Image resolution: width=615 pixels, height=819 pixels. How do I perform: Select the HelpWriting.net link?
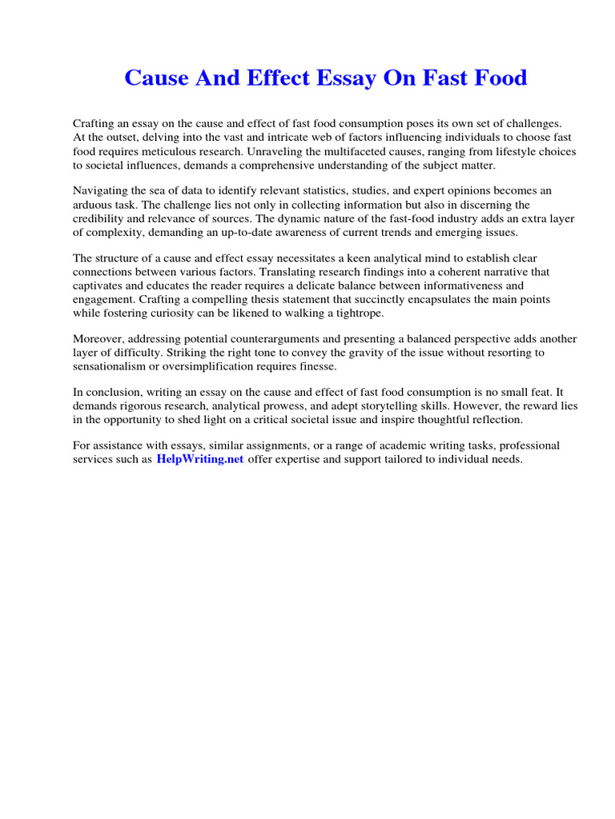pyautogui.click(x=199, y=460)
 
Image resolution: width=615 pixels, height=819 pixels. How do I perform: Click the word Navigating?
pyautogui.click(x=101, y=191)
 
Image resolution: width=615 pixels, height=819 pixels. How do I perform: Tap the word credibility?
pyautogui.click(x=100, y=218)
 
